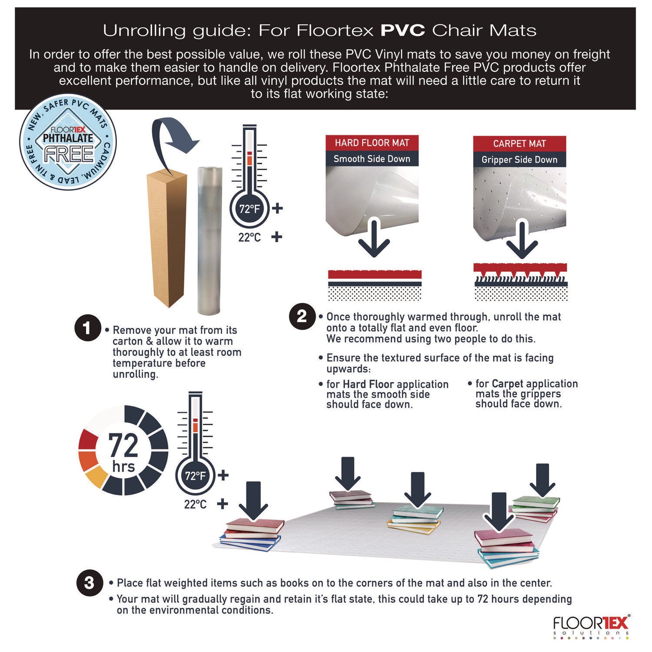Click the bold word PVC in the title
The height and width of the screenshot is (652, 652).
402,31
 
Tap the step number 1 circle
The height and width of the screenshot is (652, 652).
87,328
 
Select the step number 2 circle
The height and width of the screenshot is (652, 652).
301,316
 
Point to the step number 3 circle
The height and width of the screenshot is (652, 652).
89,583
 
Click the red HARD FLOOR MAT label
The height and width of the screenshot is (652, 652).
372,143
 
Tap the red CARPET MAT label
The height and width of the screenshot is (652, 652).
519,143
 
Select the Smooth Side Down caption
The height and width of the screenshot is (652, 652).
372,159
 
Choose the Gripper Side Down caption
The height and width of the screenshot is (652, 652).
519,160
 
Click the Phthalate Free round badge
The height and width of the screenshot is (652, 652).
68,142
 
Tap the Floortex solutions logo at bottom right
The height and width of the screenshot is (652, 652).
591,625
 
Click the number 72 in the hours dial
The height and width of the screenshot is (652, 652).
123,446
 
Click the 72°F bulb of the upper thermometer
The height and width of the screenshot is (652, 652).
250,209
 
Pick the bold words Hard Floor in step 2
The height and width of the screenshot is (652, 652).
368,384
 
